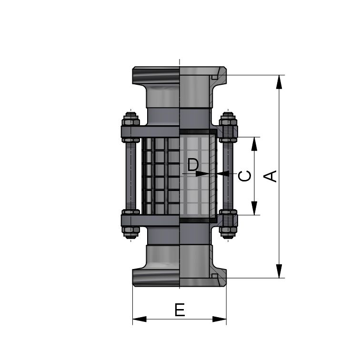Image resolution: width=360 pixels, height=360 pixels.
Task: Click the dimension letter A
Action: click(270, 176)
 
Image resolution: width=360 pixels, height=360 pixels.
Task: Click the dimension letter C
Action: click(245, 176)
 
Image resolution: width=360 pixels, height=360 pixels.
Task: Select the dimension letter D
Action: click(193, 165)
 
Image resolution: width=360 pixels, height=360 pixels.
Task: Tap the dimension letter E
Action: click(180, 310)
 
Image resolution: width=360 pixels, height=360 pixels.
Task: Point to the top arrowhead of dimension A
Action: click(279, 81)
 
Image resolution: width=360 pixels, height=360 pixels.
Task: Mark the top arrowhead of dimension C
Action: click(254, 143)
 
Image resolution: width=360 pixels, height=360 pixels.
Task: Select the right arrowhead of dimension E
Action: click(220, 319)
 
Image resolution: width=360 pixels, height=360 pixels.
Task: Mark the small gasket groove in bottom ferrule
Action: click(215, 276)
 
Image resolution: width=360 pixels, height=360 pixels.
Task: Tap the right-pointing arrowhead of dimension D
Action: click(202, 174)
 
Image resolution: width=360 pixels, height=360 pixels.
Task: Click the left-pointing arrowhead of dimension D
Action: click(223, 174)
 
